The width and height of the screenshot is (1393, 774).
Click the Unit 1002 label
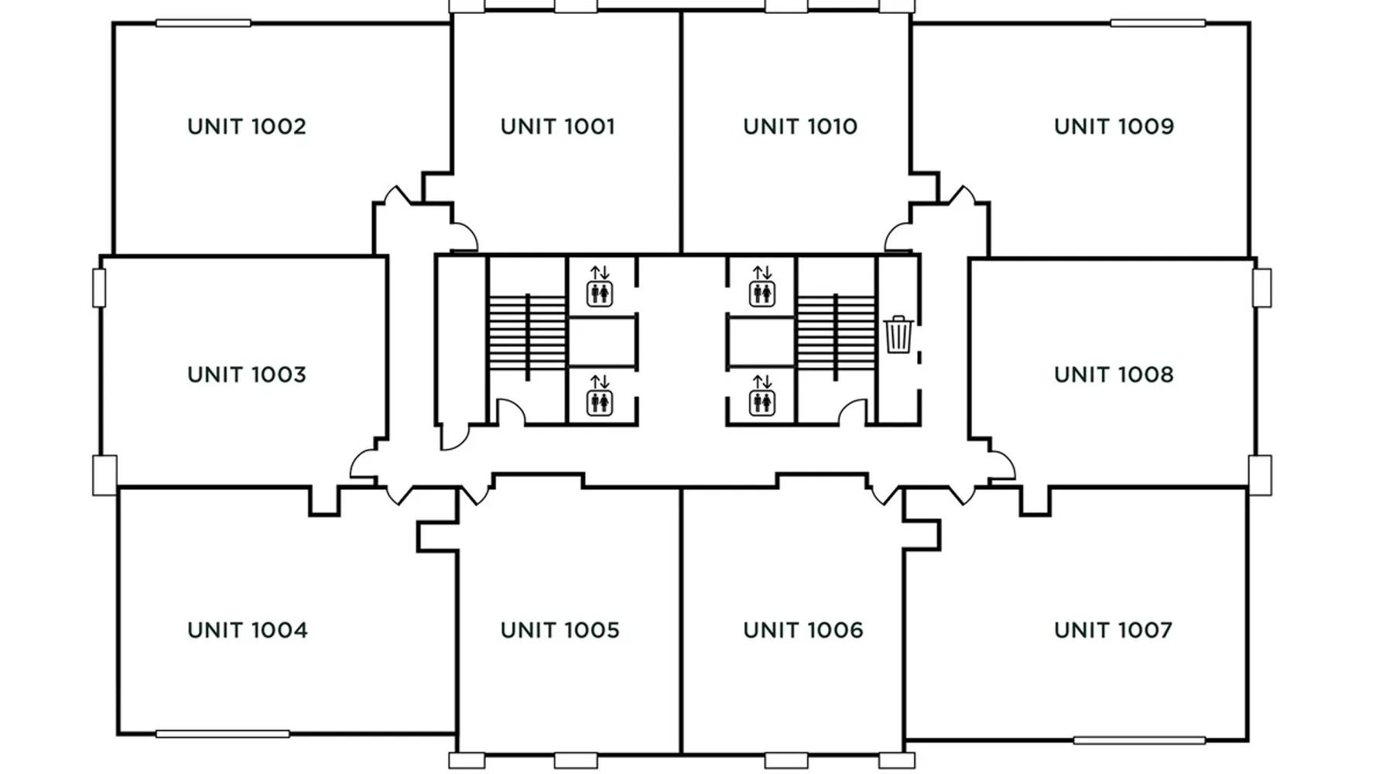coord(247,126)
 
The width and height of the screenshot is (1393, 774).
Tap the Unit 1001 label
coord(557,126)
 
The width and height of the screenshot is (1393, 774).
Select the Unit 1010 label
coord(800,126)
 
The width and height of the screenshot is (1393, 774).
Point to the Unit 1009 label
coord(1114,126)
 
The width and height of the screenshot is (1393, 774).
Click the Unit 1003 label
coord(247,375)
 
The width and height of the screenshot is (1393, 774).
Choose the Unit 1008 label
coord(1114,375)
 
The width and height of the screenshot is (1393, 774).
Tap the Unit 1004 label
coord(248,630)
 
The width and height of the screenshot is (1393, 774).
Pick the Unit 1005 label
coord(560,630)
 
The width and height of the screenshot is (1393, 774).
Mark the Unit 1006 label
coord(803,630)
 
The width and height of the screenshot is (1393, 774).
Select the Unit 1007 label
coord(1113,630)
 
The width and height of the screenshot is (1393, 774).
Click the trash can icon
coord(898,334)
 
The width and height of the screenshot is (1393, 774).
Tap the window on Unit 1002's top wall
coord(204,23)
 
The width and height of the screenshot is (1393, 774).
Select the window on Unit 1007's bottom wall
coord(1139,741)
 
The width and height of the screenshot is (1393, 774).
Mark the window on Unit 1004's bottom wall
coord(223,734)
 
